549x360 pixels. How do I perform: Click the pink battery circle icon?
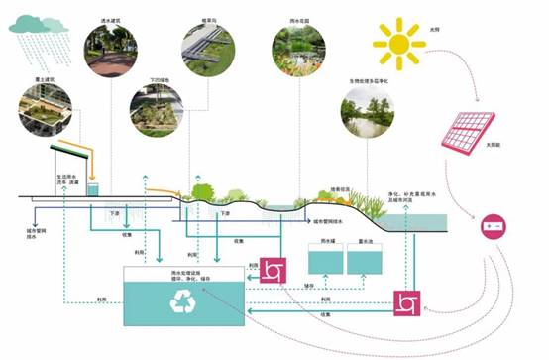point(492,226)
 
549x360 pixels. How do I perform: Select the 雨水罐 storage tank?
point(326,260)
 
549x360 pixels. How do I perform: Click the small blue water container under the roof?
point(93,188)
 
